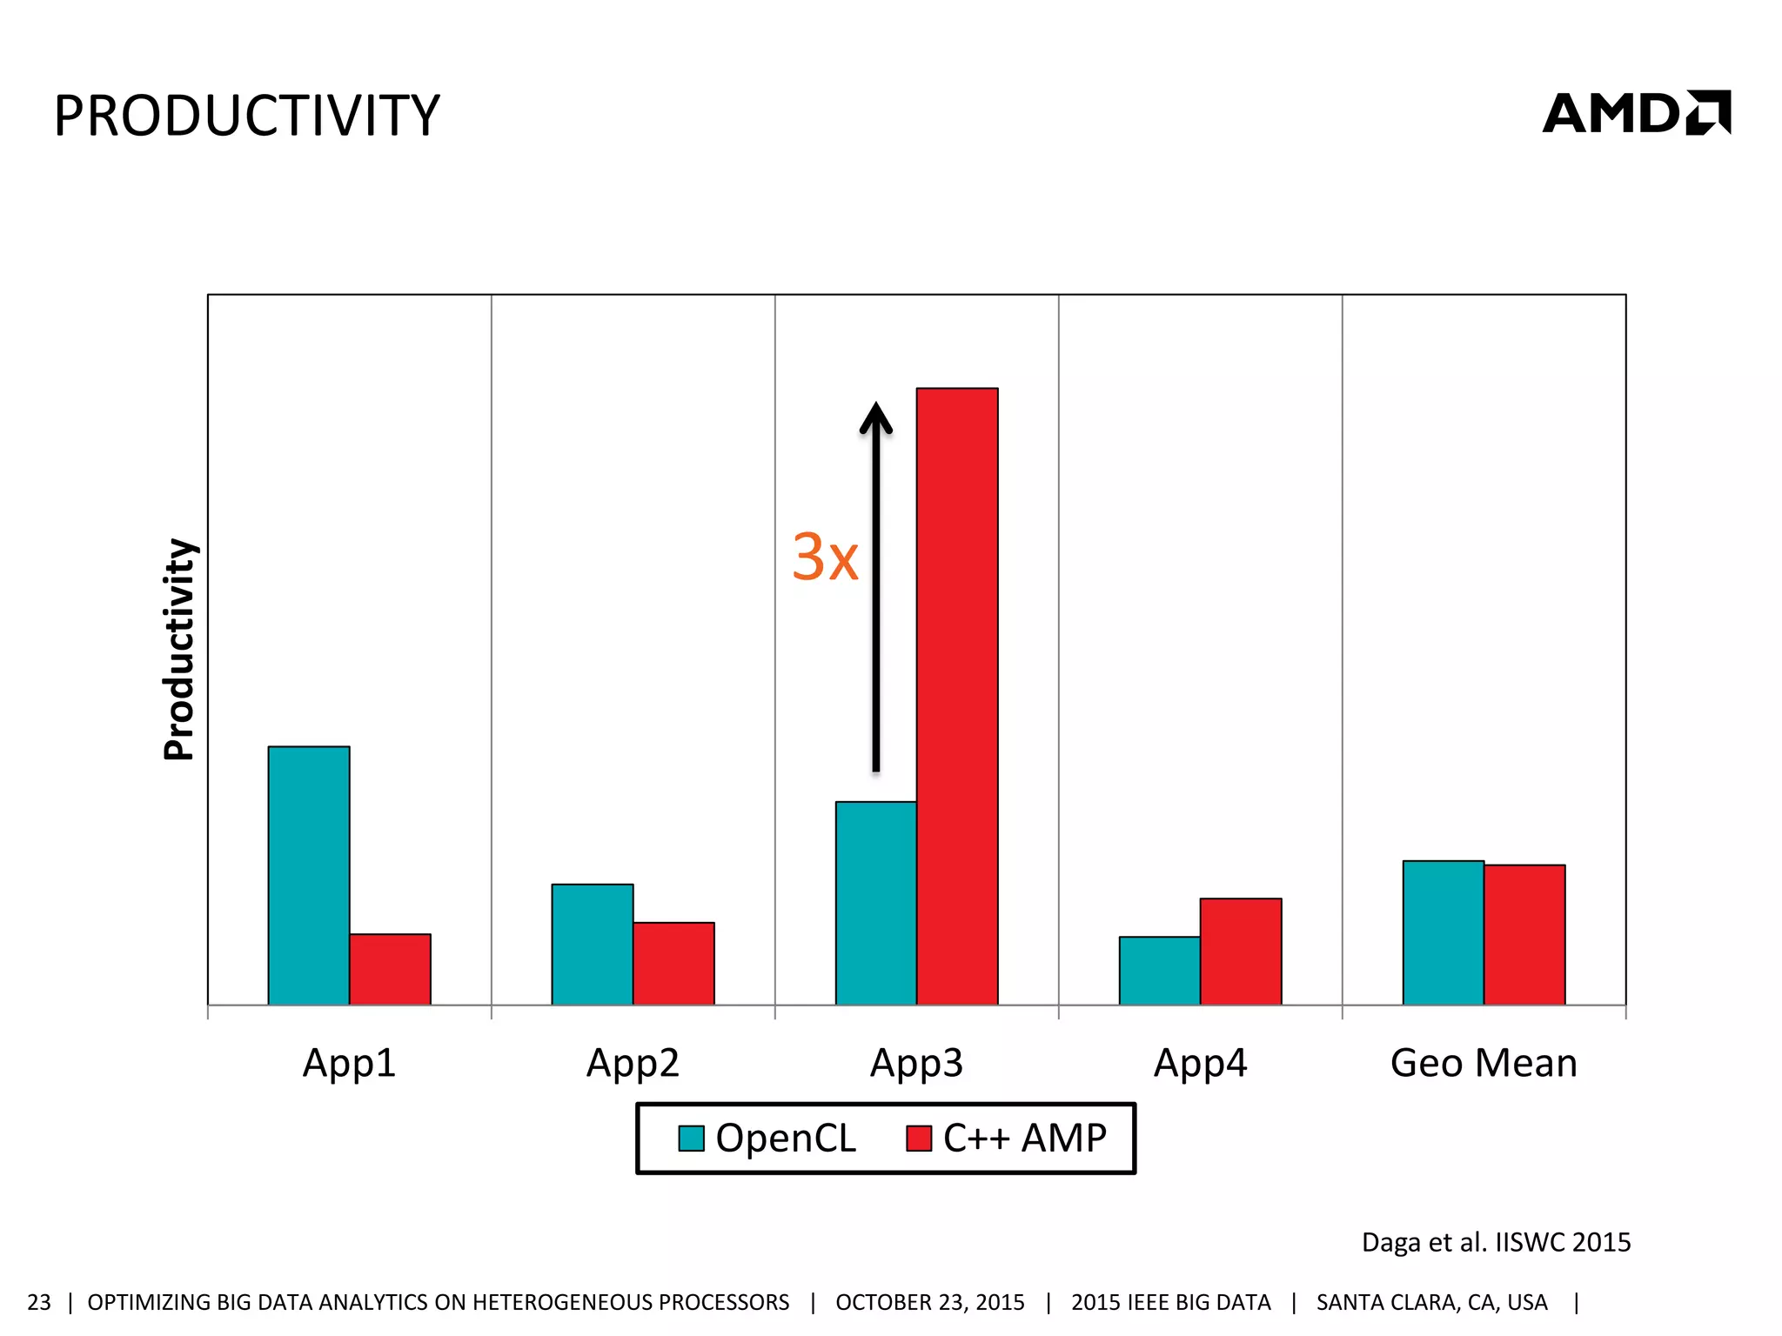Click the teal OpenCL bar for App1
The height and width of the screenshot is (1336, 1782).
click(308, 874)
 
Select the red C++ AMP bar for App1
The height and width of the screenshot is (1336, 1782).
click(390, 969)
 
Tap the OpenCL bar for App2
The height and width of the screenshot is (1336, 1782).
click(592, 944)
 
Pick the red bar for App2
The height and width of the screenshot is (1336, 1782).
click(673, 963)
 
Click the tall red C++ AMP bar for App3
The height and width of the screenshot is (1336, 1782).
click(957, 696)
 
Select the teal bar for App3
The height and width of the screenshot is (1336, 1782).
click(875, 903)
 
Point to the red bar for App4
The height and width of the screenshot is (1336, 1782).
click(1241, 951)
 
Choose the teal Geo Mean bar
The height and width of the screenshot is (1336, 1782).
click(1443, 932)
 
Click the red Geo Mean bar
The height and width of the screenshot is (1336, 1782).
click(1524, 934)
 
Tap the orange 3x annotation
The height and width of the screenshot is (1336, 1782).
click(825, 558)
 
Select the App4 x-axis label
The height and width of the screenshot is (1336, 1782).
click(1200, 1063)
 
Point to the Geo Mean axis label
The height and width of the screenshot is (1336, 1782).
click(1484, 1063)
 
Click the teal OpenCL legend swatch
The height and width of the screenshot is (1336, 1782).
click(691, 1139)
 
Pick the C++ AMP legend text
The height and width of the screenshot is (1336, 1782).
click(1024, 1138)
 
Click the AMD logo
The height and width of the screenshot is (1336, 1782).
click(1636, 113)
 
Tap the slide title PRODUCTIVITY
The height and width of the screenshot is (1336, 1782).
click(247, 116)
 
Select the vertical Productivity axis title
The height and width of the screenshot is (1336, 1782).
click(180, 650)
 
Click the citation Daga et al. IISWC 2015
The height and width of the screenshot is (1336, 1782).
click(1496, 1242)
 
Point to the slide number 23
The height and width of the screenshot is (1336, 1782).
click(39, 1302)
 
